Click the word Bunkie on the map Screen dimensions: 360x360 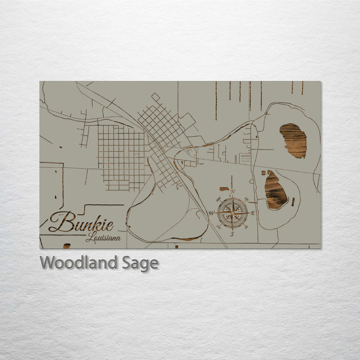(x=81, y=222)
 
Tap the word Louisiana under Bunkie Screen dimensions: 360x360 (x=103, y=238)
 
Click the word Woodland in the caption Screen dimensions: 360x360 (x=79, y=262)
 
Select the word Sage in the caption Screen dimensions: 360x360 (x=140, y=263)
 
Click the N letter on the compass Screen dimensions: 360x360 (x=232, y=191)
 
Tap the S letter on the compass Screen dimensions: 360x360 (x=232, y=234)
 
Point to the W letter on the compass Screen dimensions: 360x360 (x=211, y=213)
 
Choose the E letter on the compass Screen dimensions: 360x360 (x=252, y=213)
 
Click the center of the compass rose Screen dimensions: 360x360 (x=232, y=213)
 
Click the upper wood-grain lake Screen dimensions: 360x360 (x=293, y=140)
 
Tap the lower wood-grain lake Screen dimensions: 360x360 (x=275, y=190)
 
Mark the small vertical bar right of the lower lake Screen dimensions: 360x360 (x=293, y=202)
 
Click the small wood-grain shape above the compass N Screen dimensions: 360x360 (x=223, y=189)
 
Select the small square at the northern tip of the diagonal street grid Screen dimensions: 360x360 (x=155, y=96)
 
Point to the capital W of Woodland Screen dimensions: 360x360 (x=48, y=262)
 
